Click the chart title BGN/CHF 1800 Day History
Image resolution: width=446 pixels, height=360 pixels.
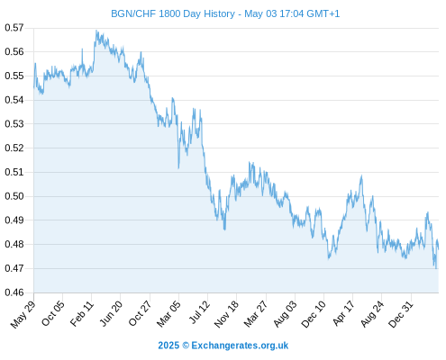point(173,13)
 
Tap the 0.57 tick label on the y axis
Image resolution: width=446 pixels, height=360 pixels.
point(14,28)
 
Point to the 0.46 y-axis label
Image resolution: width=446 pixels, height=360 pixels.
point(14,292)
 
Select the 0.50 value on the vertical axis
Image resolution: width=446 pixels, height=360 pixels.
point(14,196)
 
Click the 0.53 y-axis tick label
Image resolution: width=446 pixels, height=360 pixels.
point(14,123)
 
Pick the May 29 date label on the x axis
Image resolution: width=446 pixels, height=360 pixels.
point(23,313)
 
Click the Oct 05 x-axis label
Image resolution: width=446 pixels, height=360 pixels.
point(53,313)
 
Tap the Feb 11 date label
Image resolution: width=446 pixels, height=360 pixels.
point(82,313)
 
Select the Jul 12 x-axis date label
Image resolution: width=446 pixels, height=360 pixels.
point(199,312)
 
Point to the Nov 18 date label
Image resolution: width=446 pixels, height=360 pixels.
point(227,314)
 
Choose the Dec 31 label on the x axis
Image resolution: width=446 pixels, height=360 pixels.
point(401,314)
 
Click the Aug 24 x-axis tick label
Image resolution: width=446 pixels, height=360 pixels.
point(372,314)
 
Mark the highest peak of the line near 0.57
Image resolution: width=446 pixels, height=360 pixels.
point(96,30)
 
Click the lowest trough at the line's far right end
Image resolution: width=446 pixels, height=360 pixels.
point(436,268)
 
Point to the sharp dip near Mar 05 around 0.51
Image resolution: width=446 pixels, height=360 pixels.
point(178,168)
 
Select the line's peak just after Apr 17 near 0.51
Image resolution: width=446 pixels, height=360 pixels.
point(361,175)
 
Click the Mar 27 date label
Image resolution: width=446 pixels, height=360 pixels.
point(256,313)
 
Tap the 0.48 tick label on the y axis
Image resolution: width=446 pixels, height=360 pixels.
point(14,244)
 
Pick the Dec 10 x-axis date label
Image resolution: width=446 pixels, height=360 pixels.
point(314,314)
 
